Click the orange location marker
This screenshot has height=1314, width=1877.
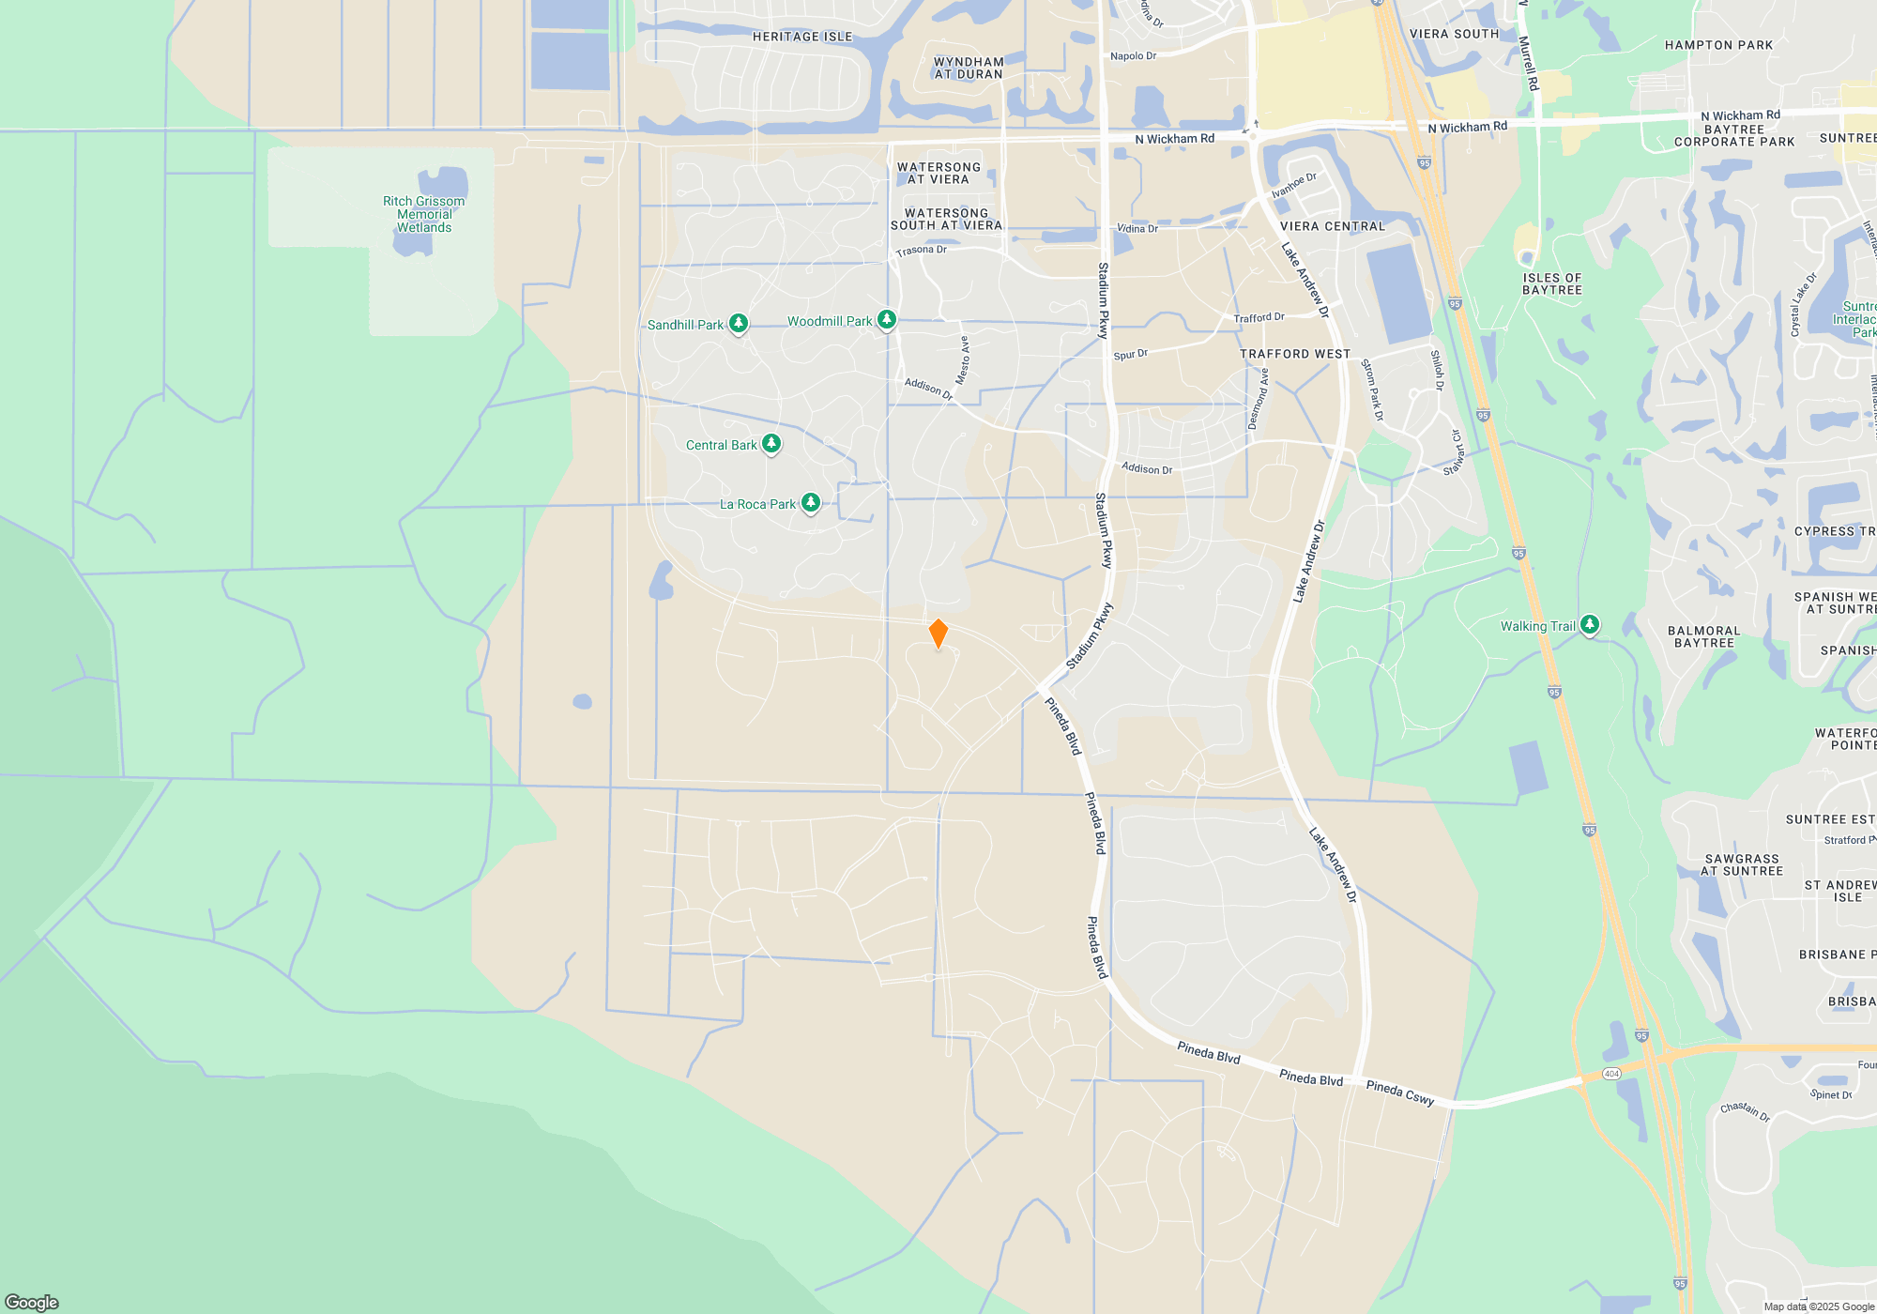(938, 634)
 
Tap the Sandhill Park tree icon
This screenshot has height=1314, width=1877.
(739, 324)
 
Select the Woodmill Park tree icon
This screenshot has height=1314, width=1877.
(886, 320)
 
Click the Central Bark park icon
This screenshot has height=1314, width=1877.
(771, 443)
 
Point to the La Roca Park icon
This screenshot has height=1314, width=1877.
(811, 503)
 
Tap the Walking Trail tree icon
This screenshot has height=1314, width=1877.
(1589, 624)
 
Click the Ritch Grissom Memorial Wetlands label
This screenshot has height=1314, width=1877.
(423, 214)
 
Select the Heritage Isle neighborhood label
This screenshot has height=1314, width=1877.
(802, 37)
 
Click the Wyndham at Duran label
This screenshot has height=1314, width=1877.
(969, 68)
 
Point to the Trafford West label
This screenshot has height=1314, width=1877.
(1295, 354)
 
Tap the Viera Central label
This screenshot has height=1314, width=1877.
(1333, 226)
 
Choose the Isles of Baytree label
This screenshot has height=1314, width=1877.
(1552, 283)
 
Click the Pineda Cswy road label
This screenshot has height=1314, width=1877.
(1400, 1092)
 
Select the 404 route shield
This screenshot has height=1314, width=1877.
(1611, 1074)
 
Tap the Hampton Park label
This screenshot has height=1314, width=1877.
(1718, 45)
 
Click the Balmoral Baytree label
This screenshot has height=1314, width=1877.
(1704, 636)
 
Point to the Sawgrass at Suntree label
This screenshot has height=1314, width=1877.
(1742, 864)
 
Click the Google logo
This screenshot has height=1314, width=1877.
(32, 1303)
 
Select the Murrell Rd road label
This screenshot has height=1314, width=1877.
(1529, 64)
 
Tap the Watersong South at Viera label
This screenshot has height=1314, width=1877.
(946, 219)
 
